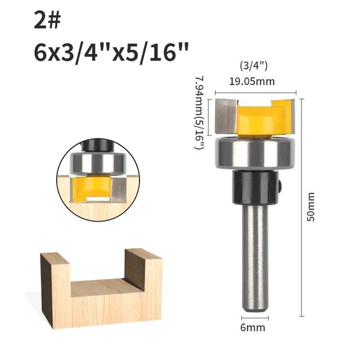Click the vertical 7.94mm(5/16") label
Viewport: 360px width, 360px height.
(x=199, y=112)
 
